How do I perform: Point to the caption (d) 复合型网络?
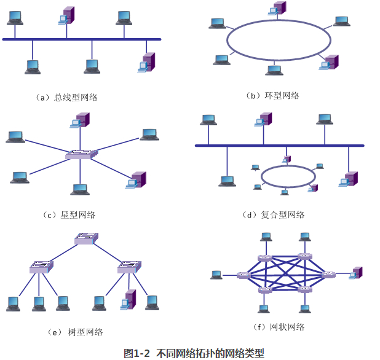274,215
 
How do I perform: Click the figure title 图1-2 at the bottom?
194,353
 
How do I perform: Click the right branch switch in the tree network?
129,267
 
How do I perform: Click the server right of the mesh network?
355,274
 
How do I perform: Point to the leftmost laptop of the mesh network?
216,275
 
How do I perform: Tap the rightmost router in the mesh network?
327,275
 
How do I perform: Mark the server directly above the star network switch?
81,121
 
